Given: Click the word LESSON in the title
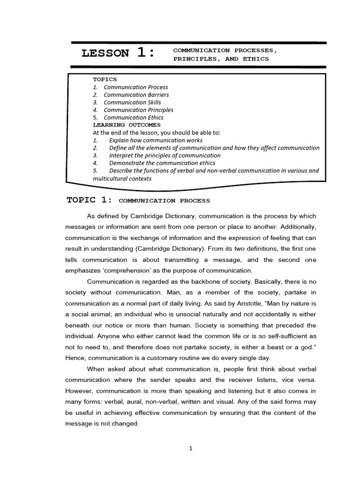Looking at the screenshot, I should [105, 53].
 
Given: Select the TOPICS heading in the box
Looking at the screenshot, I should [105, 79].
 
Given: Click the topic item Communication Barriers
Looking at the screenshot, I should [136, 95].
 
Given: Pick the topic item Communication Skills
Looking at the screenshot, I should [132, 102].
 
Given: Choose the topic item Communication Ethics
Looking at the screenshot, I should [134, 118].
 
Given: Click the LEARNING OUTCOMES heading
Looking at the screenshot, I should [127, 125].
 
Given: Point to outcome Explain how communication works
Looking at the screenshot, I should [156, 140].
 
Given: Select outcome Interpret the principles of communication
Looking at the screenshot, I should [165, 155].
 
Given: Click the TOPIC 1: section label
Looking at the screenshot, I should [90, 200].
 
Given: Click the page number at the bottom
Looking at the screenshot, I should [191, 448].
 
